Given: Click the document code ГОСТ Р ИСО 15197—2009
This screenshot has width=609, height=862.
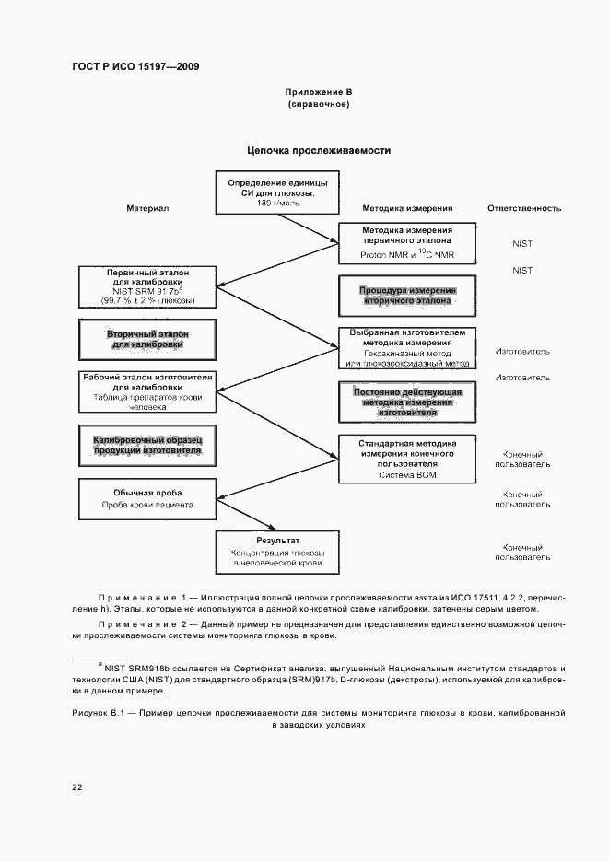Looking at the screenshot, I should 135,67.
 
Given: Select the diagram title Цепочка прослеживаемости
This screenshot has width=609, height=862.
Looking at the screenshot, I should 318,150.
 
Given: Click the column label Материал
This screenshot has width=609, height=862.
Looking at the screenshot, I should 147,209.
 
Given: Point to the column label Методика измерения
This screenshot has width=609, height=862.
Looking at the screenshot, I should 406,209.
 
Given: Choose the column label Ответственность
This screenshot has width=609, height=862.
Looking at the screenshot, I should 523,209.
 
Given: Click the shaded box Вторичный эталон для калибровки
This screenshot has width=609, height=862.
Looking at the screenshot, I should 147,339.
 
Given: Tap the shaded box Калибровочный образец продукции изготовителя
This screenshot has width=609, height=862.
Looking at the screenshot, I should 147,446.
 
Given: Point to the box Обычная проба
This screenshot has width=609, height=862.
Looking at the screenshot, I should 147,498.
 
